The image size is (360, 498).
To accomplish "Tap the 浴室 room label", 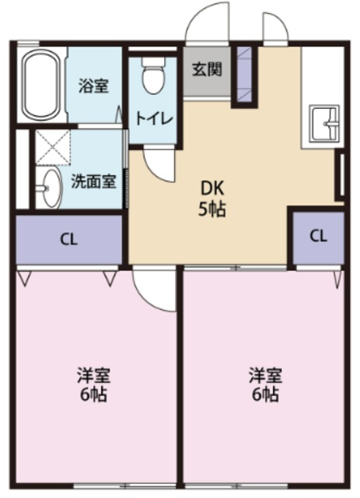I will click(x=93, y=86).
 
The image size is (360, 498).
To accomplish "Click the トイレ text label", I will click(x=155, y=119).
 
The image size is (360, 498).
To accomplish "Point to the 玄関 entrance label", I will click(x=207, y=68).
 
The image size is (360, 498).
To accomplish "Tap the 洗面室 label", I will click(x=93, y=183).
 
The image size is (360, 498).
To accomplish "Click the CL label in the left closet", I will click(x=69, y=240).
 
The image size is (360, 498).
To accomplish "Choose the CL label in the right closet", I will click(x=318, y=237).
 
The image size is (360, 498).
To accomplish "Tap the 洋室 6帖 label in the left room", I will click(x=93, y=384).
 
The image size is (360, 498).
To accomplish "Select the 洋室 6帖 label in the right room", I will click(x=265, y=384).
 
